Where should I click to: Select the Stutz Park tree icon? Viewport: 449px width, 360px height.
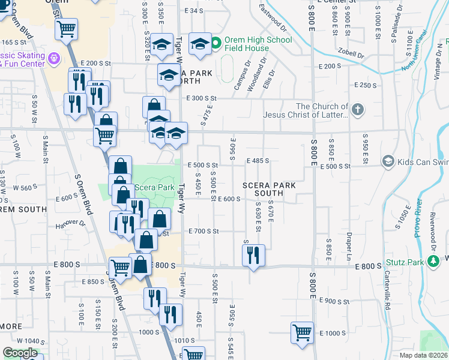(x=433, y=262)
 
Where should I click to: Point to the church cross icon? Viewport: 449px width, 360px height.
(x=358, y=110)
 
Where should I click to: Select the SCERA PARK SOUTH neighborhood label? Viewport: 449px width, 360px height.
(x=269, y=190)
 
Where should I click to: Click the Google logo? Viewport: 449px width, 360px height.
(x=20, y=353)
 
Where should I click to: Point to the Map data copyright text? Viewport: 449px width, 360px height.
(x=424, y=355)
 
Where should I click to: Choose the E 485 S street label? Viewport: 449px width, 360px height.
(x=258, y=161)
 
